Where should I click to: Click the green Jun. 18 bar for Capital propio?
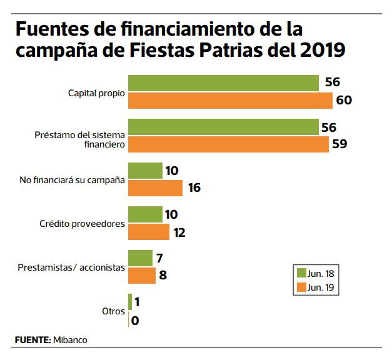(x=223, y=83)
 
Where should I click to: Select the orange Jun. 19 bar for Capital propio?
(x=230, y=100)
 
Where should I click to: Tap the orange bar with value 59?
(x=228, y=144)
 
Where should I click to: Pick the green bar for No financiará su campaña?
(x=145, y=171)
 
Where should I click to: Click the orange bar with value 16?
(x=155, y=187)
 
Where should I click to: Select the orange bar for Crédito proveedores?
(x=149, y=232)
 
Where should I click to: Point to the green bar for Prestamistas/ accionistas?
(x=140, y=258)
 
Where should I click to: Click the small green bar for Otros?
(x=130, y=302)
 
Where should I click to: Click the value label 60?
(x=344, y=100)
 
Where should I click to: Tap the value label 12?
(x=179, y=232)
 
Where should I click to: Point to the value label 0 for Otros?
(x=136, y=320)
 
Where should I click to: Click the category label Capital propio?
(x=96, y=92)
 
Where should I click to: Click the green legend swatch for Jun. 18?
(x=300, y=274)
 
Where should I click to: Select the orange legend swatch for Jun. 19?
(x=300, y=287)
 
